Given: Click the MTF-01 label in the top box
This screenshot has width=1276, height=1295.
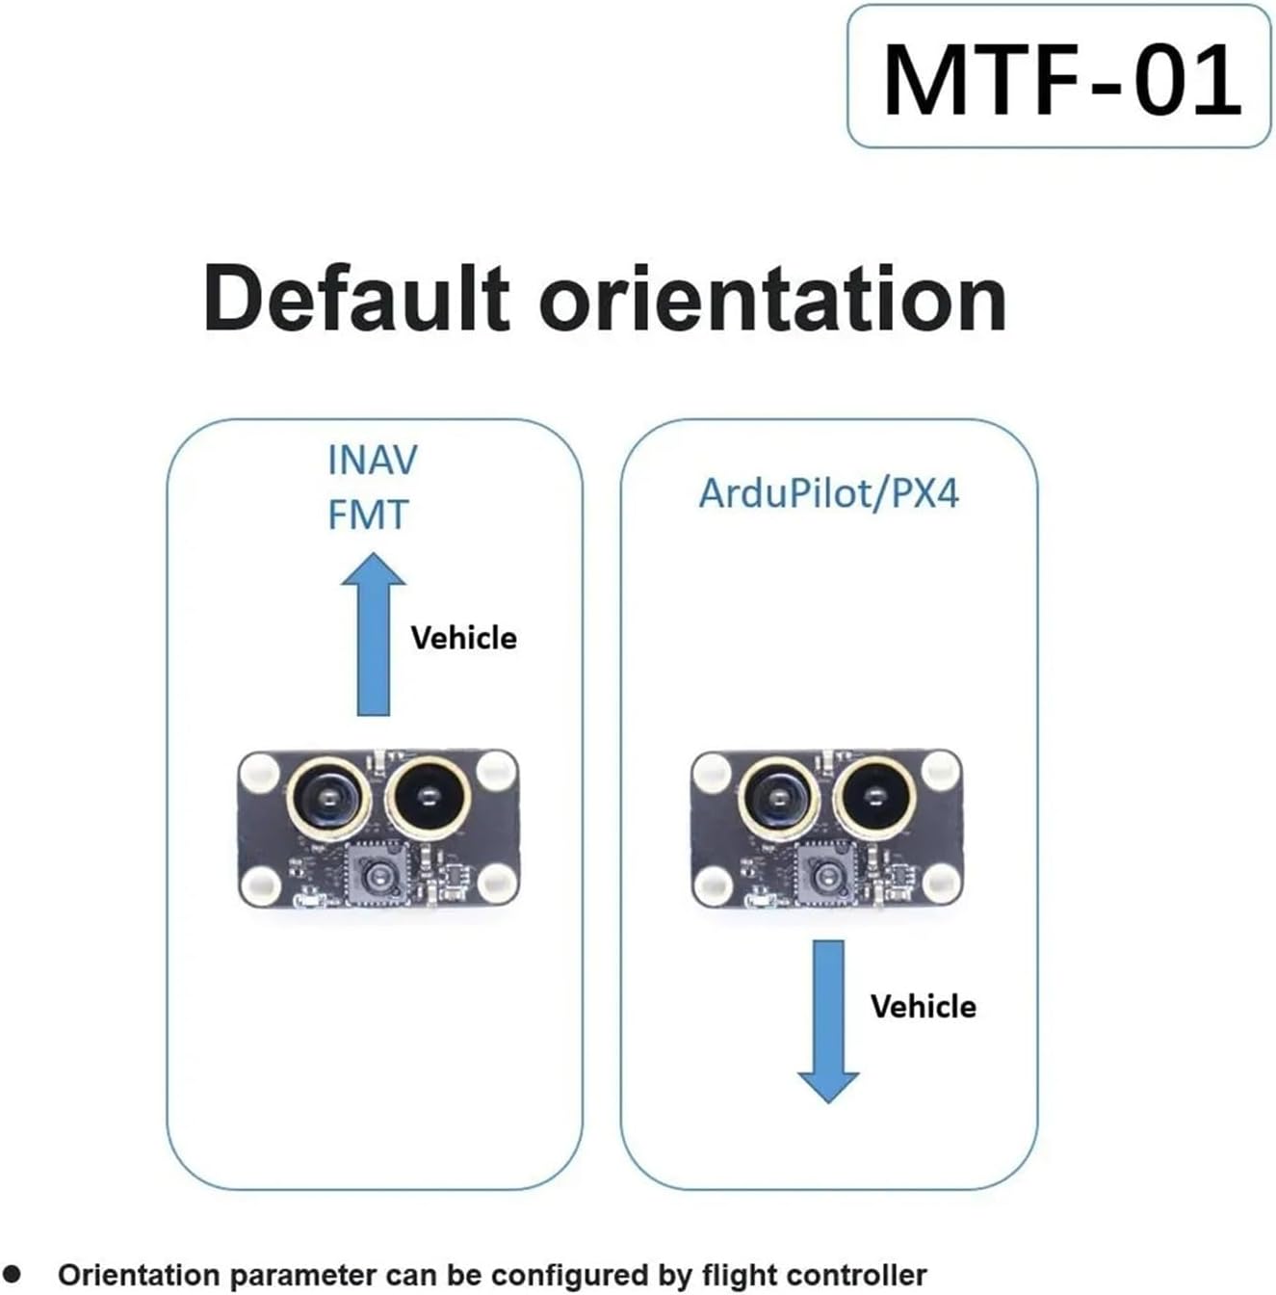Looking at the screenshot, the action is (1061, 80).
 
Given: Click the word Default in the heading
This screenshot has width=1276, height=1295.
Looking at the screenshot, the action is (356, 298).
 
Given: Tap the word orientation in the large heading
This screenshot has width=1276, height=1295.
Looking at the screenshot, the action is (772, 298).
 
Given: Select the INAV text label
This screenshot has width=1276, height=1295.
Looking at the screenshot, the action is (373, 461).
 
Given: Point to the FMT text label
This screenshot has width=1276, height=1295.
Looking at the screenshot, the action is (368, 515).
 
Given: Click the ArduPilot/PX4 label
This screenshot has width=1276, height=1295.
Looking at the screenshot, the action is (828, 493).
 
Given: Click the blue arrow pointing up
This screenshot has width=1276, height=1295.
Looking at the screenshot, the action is (373, 634).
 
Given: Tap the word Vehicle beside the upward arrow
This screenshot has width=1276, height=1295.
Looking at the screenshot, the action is (463, 638).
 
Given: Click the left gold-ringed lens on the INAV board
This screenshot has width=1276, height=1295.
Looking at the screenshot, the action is (328, 799).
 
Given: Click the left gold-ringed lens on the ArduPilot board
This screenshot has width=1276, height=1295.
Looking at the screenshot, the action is (779, 799).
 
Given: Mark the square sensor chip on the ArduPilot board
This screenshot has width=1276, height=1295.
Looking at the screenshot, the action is (826, 876).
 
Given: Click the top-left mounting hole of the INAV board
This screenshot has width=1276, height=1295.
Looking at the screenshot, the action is (260, 771).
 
